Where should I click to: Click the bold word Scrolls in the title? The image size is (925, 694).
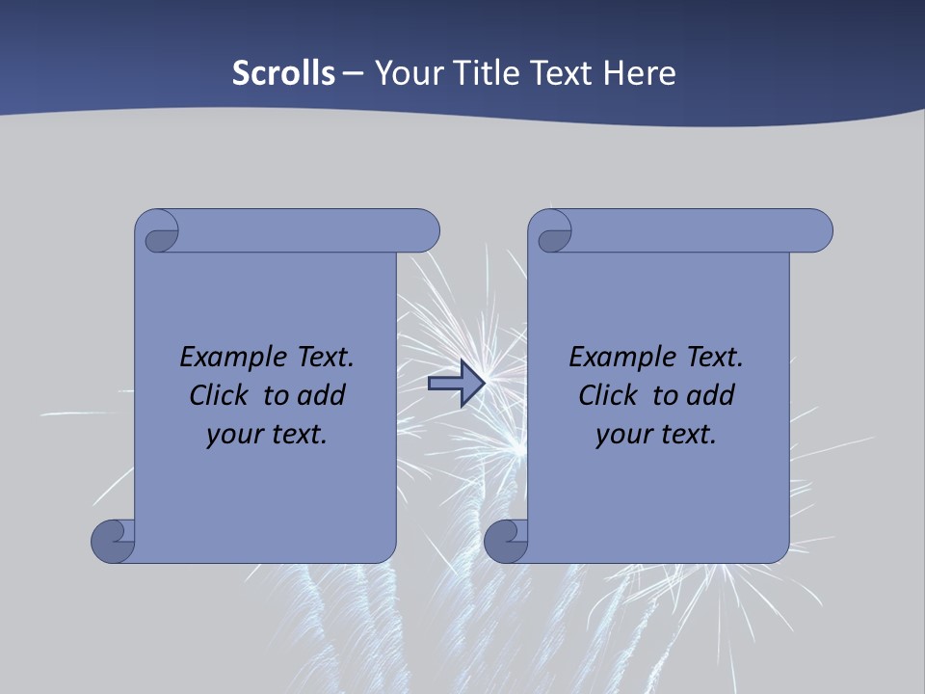pyautogui.click(x=283, y=73)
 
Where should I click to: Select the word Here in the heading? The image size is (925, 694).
pyautogui.click(x=640, y=73)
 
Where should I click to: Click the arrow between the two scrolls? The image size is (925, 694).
pyautogui.click(x=456, y=384)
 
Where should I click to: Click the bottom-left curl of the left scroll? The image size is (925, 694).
pyautogui.click(x=113, y=542)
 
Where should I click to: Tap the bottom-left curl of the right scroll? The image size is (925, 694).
pyautogui.click(x=505, y=542)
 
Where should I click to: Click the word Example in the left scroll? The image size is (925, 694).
pyautogui.click(x=225, y=359)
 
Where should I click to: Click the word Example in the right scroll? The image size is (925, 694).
pyautogui.click(x=614, y=359)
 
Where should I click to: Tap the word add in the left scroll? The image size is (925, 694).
pyautogui.click(x=322, y=395)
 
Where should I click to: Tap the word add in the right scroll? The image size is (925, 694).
pyautogui.click(x=711, y=395)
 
